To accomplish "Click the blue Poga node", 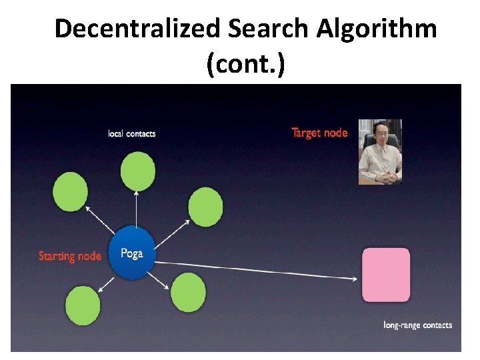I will click(x=132, y=253).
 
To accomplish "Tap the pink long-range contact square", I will click(x=386, y=275).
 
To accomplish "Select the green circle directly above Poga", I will click(x=138, y=171).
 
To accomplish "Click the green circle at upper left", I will click(x=71, y=191).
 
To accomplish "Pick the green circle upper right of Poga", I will click(x=205, y=206).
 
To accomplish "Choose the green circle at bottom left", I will click(x=83, y=305).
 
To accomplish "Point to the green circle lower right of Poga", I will click(x=189, y=293).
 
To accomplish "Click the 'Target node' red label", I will click(x=319, y=133).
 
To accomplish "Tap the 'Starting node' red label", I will click(x=70, y=256).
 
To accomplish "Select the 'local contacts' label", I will click(x=132, y=133).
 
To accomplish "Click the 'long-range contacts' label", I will click(x=418, y=325).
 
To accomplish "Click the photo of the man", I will click(x=380, y=151).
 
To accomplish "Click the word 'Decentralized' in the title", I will click(x=137, y=29).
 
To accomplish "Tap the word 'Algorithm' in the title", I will click(x=377, y=29).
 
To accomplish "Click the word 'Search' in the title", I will click(x=269, y=29).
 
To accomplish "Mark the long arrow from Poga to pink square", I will click(x=260, y=269).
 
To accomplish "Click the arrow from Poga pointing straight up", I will click(x=136, y=210).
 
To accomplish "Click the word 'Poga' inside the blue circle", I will click(x=132, y=253).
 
